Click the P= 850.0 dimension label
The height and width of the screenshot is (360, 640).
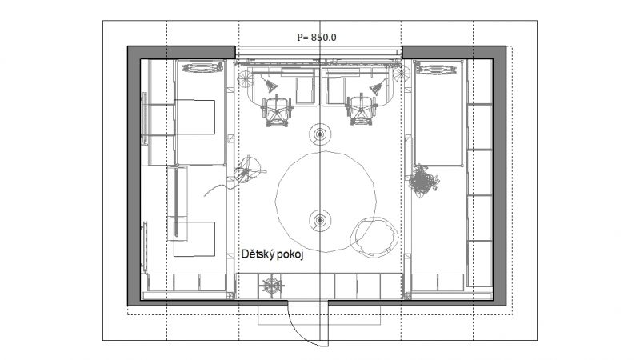[317, 37]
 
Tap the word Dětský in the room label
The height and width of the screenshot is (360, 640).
[257, 254]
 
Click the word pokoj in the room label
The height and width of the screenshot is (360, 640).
[290, 255]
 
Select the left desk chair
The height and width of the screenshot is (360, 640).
[277, 110]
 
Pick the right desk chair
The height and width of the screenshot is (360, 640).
[362, 109]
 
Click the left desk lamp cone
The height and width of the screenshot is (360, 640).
[270, 86]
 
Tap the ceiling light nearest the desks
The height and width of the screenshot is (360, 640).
[320, 134]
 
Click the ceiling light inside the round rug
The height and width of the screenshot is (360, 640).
[320, 221]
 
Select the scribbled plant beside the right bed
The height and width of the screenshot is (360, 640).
[423, 182]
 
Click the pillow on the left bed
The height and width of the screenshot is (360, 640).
[202, 67]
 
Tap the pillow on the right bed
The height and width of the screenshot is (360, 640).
[436, 68]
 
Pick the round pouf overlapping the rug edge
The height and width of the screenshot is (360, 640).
[374, 238]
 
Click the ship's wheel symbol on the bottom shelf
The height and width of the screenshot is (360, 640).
[272, 286]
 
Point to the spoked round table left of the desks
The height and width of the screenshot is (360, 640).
[246, 78]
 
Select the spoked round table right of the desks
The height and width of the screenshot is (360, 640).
[402, 74]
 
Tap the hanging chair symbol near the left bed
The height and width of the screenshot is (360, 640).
[247, 169]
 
